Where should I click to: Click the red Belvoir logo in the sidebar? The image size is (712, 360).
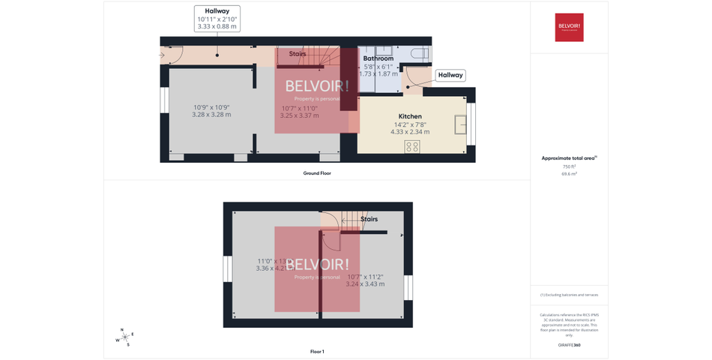coord(569,28)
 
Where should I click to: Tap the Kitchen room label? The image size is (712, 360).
coord(410,116)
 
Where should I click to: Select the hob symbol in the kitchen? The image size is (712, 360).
coord(412,146)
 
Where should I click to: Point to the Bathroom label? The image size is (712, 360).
coord(378,58)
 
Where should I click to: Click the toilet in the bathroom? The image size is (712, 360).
coord(419,55)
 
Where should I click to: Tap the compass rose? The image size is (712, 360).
coord(124,337)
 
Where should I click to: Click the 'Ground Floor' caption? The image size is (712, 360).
coord(317,173)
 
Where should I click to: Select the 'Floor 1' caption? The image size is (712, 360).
coord(317,351)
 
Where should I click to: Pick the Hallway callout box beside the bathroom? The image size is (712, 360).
coord(450,75)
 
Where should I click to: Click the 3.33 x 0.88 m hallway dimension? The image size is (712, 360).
coord(217,26)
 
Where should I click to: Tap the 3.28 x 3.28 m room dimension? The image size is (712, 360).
coord(211,115)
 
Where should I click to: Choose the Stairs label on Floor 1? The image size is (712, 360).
coord(369,219)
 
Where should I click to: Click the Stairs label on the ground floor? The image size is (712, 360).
coord(298,54)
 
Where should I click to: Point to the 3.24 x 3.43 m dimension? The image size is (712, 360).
coord(365,284)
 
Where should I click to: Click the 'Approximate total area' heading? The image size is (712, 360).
coord(569,158)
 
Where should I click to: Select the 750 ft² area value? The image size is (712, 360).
coord(569,166)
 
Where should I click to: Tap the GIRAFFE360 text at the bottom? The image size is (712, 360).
coord(569,344)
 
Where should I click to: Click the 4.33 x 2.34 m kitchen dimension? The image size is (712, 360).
coord(410,131)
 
